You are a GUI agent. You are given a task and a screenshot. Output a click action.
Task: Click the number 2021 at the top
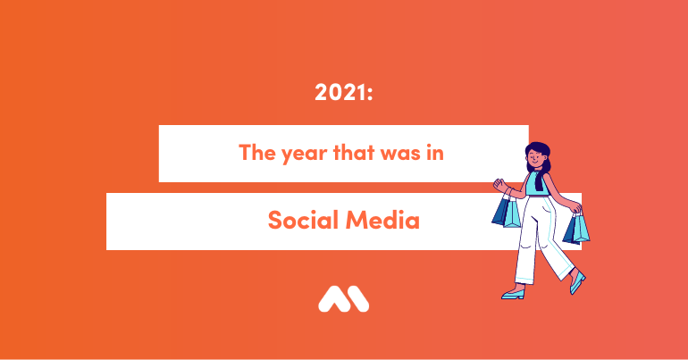click(340, 93)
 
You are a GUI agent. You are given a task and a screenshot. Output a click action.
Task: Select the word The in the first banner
click(257, 152)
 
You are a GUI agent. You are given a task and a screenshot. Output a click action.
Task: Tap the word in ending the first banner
click(435, 152)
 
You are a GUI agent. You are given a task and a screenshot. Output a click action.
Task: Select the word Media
click(382, 219)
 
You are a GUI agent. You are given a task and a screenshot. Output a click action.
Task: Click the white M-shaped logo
click(344, 299)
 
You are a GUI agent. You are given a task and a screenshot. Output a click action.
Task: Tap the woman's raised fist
click(499, 184)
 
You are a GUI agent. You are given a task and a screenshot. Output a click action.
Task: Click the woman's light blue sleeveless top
click(537, 183)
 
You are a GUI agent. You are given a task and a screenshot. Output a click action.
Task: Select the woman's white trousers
click(542, 240)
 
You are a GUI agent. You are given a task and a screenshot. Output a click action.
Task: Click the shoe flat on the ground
click(514, 294)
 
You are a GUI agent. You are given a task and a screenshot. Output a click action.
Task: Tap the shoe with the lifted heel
click(577, 283)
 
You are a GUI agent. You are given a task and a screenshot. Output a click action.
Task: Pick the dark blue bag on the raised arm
click(500, 212)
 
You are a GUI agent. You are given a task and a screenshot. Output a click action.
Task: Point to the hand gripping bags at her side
click(576, 209)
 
